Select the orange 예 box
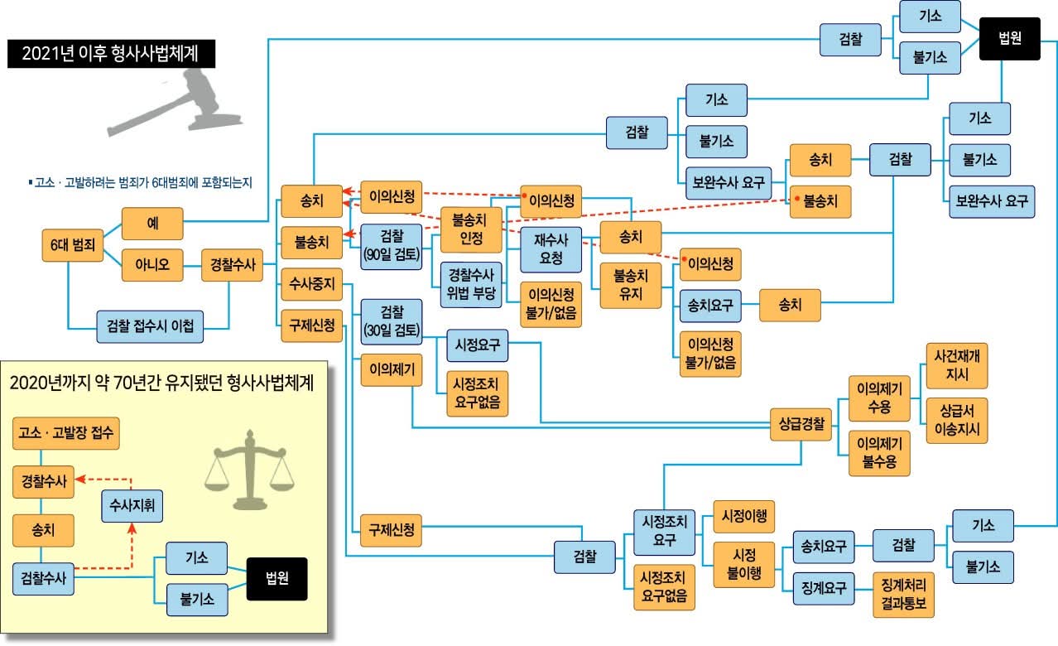tap(151, 223)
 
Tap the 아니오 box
tap(151, 265)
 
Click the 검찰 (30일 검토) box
tap(391, 321)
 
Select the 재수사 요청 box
tap(551, 249)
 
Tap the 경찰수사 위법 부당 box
tap(470, 283)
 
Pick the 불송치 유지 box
tap(631, 286)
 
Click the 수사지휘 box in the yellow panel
tap(132, 504)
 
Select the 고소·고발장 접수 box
tap(66, 432)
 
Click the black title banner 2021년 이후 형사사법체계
tap(111, 55)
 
